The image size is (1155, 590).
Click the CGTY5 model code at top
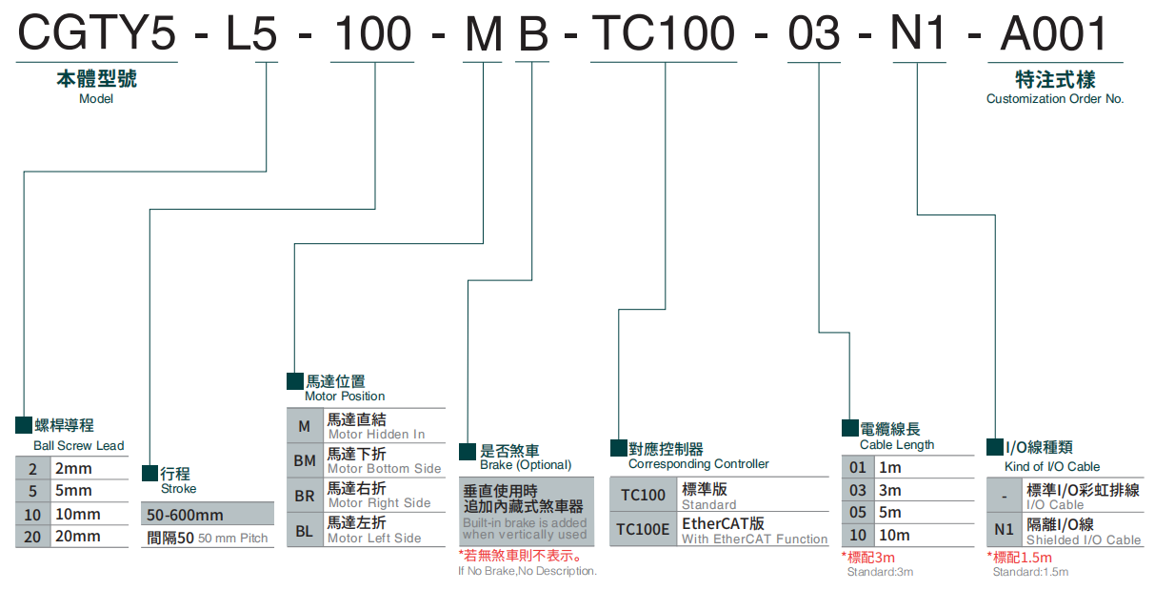(x=97, y=35)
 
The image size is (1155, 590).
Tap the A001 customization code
(x=1055, y=35)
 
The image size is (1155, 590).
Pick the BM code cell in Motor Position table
(x=305, y=461)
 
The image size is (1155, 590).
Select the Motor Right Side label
(x=379, y=502)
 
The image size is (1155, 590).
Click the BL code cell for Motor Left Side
(x=305, y=531)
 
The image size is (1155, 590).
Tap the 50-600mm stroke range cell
(x=186, y=515)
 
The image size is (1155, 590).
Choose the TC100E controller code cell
(x=643, y=529)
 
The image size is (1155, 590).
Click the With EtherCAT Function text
(x=754, y=539)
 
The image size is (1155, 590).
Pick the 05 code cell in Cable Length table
(x=858, y=513)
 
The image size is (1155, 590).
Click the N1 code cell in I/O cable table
(x=1004, y=529)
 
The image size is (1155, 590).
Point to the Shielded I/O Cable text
(x=1083, y=539)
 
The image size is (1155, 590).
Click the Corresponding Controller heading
(x=698, y=464)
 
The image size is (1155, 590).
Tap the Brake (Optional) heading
(x=525, y=465)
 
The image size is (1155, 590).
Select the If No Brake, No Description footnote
(x=527, y=571)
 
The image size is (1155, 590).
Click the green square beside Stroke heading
(x=149, y=473)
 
